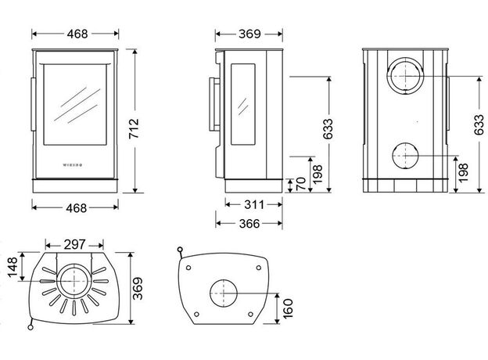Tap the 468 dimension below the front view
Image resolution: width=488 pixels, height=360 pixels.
75,207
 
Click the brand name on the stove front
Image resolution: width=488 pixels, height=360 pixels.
75,166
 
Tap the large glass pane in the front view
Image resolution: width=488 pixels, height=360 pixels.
75,105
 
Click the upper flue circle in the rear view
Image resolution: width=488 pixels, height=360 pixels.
404,75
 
